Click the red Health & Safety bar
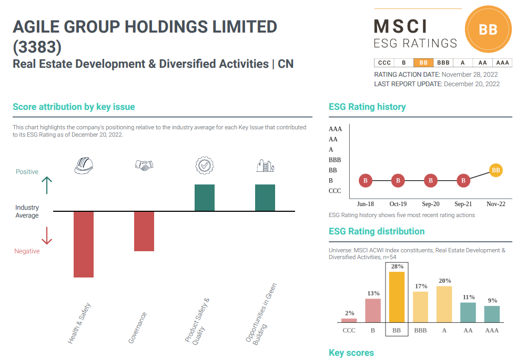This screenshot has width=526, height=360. [84, 244]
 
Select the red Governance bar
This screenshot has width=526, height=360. [144, 231]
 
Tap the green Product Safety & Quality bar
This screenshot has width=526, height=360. [205, 198]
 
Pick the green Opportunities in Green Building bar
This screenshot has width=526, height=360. [265, 198]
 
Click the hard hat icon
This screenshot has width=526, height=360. [84, 165]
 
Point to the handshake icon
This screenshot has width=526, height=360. [144, 165]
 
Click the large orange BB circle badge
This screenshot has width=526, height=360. [488, 30]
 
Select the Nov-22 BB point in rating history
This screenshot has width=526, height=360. [495, 170]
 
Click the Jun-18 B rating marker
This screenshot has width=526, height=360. [366, 181]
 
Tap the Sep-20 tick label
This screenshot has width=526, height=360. [431, 204]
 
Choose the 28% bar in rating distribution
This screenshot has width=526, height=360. [397, 296]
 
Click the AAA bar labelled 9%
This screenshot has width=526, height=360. [492, 314]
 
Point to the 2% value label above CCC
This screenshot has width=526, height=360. [350, 313]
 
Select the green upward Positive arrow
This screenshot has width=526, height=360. [47, 186]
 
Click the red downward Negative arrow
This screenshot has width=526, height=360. [47, 235]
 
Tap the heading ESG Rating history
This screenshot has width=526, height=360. [367, 107]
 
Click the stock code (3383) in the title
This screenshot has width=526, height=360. [37, 47]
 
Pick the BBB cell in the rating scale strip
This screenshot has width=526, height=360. [443, 63]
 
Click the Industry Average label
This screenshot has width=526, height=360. [27, 211]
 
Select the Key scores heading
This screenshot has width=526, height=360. [351, 353]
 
